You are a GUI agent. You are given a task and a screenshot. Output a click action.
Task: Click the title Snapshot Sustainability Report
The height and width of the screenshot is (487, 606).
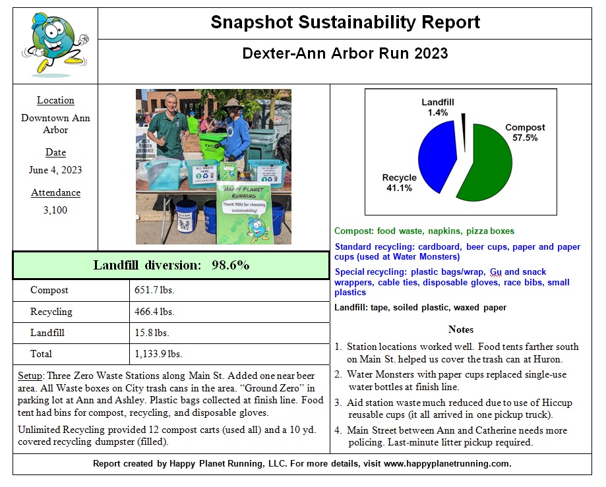pos(345,22)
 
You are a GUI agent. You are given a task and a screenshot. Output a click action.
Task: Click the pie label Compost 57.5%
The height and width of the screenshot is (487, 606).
pos(525,132)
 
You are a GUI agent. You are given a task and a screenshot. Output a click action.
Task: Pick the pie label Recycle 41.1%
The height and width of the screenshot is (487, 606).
pos(399,183)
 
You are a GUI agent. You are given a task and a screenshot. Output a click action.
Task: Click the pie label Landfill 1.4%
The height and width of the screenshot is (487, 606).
pos(438,107)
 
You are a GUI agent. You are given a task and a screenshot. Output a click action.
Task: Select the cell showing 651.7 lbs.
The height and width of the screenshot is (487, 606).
pos(154,290)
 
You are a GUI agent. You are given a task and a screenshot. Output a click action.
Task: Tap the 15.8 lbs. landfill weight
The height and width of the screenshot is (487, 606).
pos(152,333)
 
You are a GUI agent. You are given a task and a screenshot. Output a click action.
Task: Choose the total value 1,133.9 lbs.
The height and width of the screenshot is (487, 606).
pos(158,354)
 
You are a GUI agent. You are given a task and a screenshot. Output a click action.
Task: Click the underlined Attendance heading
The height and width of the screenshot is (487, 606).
pos(55,192)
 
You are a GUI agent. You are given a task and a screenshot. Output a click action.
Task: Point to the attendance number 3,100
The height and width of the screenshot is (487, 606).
pos(55,210)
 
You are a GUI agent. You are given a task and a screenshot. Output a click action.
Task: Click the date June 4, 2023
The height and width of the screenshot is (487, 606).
pos(55,170)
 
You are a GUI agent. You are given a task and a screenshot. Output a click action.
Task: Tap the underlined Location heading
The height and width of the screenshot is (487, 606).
pos(55,100)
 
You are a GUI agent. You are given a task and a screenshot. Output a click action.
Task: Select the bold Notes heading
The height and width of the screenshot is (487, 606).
pos(460,329)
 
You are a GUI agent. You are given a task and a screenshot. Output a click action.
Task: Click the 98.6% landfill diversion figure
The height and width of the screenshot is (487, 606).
pos(230,265)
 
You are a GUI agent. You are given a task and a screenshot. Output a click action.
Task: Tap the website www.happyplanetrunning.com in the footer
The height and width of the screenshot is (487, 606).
pos(447,463)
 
